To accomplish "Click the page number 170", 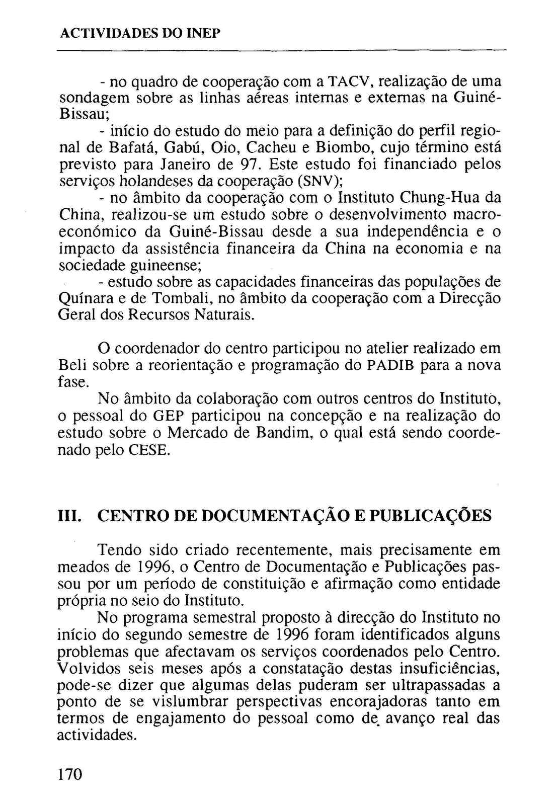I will (x=70, y=773).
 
